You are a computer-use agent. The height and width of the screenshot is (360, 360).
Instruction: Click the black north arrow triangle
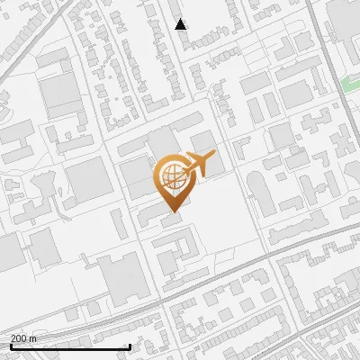click(x=181, y=24)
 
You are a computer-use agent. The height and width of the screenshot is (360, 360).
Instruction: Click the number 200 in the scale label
click(x=20, y=338)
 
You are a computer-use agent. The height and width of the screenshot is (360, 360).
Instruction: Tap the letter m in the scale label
click(x=33, y=338)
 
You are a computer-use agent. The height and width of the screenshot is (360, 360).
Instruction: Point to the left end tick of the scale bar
click(x=11, y=346)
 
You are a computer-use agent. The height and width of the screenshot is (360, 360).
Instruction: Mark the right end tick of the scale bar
click(x=130, y=346)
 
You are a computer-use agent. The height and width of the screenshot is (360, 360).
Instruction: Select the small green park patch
click(x=350, y=85)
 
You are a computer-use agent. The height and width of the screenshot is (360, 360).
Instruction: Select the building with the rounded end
click(x=256, y=188)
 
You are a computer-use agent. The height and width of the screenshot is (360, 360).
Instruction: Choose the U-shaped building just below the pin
click(x=176, y=247)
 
